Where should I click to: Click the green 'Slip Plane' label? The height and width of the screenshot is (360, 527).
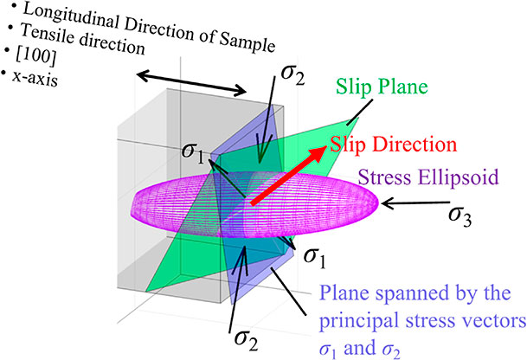tap(382, 87)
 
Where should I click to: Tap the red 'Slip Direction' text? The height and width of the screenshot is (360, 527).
tap(393, 145)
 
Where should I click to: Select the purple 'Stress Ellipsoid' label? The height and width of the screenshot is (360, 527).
tap(428, 177)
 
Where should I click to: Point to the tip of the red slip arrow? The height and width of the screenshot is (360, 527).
tap(326, 146)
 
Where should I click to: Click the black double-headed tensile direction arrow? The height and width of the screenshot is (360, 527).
tap(192, 83)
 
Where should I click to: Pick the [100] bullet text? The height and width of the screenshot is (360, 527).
tap(35, 56)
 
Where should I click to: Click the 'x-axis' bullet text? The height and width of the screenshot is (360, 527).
tap(35, 80)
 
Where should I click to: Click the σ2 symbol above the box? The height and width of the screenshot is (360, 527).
tap(292, 74)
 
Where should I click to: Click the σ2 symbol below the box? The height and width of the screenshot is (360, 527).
tap(247, 339)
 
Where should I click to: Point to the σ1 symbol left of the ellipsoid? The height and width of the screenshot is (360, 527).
tap(193, 153)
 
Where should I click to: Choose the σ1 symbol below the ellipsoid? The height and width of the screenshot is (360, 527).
tap(315, 258)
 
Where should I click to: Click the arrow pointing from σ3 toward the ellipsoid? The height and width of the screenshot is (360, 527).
tap(415, 202)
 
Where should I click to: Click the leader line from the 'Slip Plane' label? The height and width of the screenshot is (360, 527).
tap(360, 112)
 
